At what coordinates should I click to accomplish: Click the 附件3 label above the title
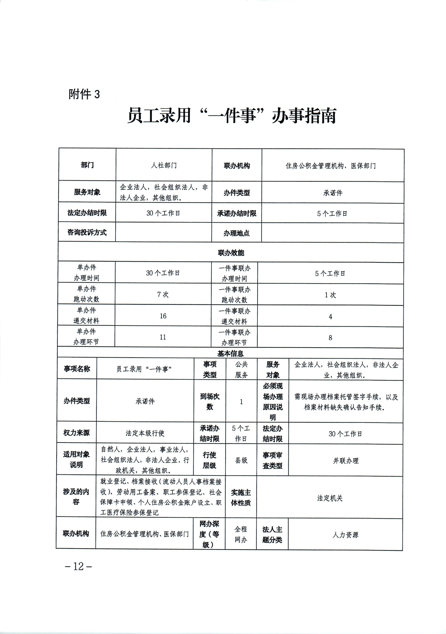[x=84, y=94]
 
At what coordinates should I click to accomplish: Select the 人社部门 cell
[x=164, y=165]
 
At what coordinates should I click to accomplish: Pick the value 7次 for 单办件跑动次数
[x=163, y=294]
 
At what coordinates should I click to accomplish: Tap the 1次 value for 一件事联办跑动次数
[x=330, y=295]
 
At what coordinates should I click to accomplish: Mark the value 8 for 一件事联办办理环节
[x=330, y=337]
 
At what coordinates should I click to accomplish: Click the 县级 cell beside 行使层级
[x=241, y=460]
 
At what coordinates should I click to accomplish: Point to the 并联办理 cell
[x=346, y=461]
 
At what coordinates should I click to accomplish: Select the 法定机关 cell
[x=330, y=498]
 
